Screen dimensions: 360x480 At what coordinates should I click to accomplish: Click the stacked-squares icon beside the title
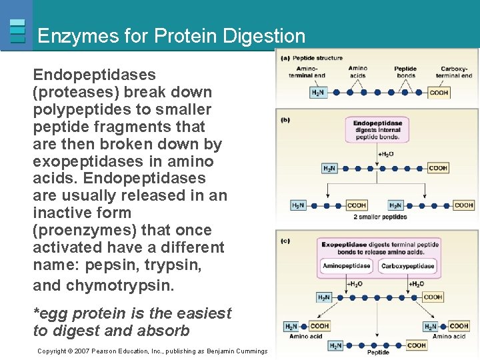coord(18,31)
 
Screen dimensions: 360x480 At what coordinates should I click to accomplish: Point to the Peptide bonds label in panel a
coord(405,72)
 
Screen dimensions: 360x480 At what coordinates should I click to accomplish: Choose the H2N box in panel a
coord(318,93)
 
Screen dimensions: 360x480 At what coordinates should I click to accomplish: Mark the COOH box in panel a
coord(439,93)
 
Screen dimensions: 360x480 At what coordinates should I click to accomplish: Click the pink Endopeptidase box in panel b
coord(377,130)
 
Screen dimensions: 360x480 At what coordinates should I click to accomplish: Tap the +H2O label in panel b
coord(385,154)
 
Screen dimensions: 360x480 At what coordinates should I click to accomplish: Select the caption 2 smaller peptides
coord(380,217)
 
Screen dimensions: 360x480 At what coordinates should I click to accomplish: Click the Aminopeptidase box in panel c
coord(347,266)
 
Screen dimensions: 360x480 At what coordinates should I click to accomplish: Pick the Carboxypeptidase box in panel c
coord(407,266)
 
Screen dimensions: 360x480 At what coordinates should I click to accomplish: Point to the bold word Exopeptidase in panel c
coord(345,245)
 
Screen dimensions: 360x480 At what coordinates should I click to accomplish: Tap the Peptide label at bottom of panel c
coord(378,353)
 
